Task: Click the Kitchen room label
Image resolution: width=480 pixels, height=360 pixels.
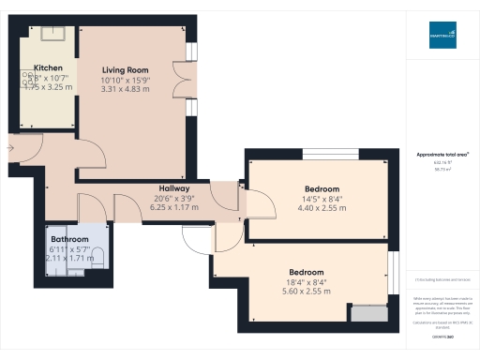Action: pyautogui.click(x=48, y=68)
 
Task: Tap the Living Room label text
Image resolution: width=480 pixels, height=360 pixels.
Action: pyautogui.click(x=125, y=68)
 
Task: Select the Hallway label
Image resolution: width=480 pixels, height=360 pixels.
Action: pyautogui.click(x=175, y=188)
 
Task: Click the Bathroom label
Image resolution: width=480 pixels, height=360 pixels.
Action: pyautogui.click(x=69, y=240)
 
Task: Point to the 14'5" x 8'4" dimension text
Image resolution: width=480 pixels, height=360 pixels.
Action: pyautogui.click(x=322, y=199)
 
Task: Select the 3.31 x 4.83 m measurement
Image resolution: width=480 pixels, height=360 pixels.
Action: pyautogui.click(x=125, y=89)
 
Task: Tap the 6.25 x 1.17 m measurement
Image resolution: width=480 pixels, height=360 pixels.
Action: pyautogui.click(x=175, y=207)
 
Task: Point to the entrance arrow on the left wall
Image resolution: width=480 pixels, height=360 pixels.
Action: pyautogui.click(x=10, y=147)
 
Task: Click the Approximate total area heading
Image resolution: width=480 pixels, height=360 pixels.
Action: pyautogui.click(x=442, y=153)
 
